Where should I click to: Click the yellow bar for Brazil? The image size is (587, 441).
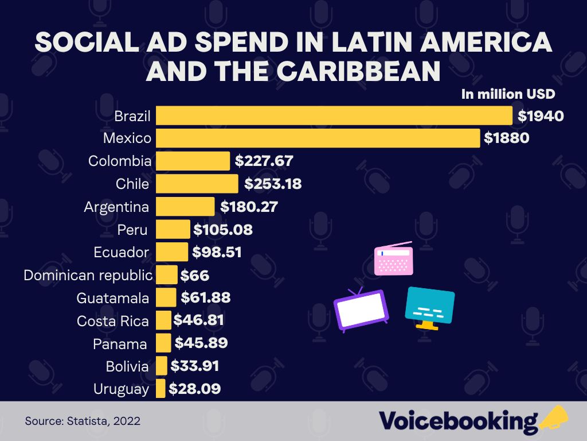click(x=334, y=115)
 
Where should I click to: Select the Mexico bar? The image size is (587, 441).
click(x=318, y=138)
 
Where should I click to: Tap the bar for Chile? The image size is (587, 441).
click(x=197, y=184)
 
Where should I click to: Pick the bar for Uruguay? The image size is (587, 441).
click(x=161, y=389)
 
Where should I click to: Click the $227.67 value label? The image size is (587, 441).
click(x=264, y=161)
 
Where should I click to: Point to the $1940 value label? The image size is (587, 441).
click(x=541, y=116)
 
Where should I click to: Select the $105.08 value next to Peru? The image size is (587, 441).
click(x=223, y=230)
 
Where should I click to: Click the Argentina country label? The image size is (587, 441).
click(x=116, y=207)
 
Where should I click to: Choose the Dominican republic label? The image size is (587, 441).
click(x=88, y=275)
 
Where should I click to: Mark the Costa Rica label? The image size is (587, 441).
click(x=112, y=321)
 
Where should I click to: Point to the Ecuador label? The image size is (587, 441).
click(x=121, y=252)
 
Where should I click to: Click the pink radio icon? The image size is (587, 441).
click(x=393, y=258)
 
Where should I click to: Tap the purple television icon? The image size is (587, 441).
click(x=361, y=311)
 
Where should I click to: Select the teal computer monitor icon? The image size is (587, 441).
click(x=429, y=308)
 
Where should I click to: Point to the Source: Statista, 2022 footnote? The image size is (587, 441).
click(x=83, y=421)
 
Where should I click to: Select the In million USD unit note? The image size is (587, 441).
click(x=508, y=94)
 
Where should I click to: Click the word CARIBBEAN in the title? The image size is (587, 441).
click(x=349, y=72)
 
